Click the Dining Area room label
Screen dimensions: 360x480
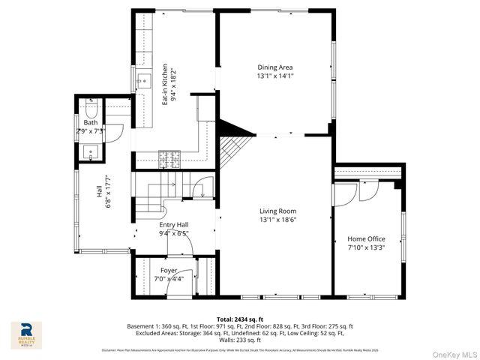(274, 67)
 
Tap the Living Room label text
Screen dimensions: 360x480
(278, 211)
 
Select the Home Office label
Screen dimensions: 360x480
(365, 238)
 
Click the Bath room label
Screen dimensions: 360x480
(91, 122)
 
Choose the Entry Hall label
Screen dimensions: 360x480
(173, 224)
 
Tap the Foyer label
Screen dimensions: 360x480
(168, 270)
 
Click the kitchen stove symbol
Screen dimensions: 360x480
(170, 158)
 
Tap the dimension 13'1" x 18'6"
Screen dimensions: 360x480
(278, 220)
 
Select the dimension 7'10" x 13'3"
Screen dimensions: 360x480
(366, 247)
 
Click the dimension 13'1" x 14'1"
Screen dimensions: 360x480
(274, 76)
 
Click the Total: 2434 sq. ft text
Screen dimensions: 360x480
(239, 319)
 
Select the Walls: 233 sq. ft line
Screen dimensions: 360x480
(239, 339)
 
